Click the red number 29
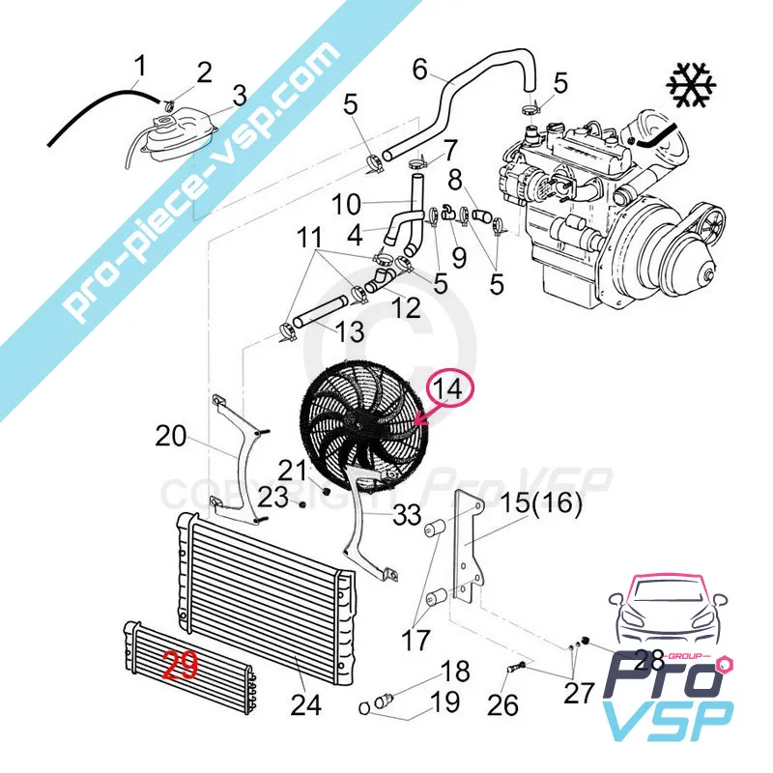[181, 665]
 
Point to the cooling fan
[365, 423]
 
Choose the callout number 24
[306, 705]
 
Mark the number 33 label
[407, 515]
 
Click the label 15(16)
[541, 503]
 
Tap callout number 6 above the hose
[419, 70]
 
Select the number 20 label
[171, 437]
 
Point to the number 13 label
[350, 330]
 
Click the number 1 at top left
[140, 67]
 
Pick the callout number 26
[502, 705]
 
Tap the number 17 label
[416, 641]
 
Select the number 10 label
[346, 204]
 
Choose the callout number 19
[445, 702]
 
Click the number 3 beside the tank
[240, 96]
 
